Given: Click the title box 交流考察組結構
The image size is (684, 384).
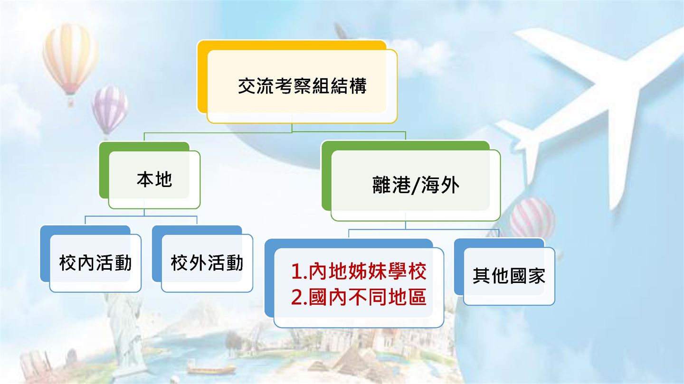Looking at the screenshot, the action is (x=297, y=82).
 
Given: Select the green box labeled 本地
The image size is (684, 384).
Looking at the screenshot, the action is (x=150, y=175).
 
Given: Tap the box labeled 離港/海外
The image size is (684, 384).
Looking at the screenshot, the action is (x=411, y=181).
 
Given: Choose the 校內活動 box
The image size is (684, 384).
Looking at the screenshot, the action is (x=91, y=259).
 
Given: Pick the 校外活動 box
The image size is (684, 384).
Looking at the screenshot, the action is (x=202, y=259).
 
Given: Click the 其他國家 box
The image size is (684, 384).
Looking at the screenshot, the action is (x=504, y=272).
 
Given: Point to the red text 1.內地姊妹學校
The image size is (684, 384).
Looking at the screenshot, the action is (x=359, y=271).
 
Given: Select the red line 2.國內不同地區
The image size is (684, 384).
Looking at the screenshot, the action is (x=359, y=297).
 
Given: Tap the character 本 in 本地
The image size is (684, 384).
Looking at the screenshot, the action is (x=145, y=179).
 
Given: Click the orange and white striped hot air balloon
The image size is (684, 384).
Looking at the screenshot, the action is (x=70, y=59).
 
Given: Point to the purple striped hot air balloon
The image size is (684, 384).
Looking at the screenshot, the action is (x=110, y=110).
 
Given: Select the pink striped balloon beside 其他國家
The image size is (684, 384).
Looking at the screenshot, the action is (x=532, y=218).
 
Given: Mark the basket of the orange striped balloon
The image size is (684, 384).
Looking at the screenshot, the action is (x=71, y=103).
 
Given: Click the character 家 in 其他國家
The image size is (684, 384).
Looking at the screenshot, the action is (x=536, y=276).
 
